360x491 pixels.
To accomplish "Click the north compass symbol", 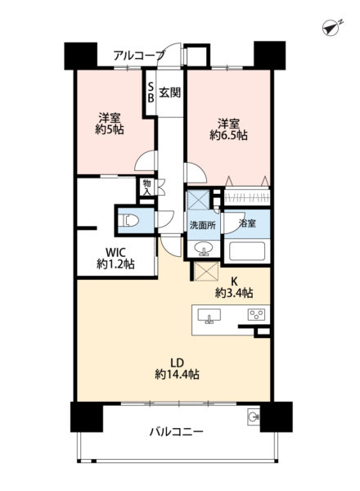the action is click(331, 28).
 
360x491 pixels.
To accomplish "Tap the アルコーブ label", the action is click(138, 56).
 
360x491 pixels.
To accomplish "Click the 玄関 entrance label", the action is click(170, 92).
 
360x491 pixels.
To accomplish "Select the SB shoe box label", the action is click(151, 92).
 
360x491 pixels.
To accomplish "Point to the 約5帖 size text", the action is click(110, 129).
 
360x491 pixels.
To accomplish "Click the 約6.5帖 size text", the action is click(228, 135).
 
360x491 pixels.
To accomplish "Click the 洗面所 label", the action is click(203, 225).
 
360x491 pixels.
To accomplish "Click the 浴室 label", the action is click(247, 223).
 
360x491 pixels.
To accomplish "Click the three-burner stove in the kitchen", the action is click(256, 314).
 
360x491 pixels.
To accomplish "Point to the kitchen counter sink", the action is click(209, 316).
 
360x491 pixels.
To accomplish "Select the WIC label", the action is click(115, 252).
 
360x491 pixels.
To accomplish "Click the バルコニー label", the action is click(176, 432).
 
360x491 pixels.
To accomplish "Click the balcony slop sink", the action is click(254, 417).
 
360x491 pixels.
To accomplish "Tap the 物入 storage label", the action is click(146, 187).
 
